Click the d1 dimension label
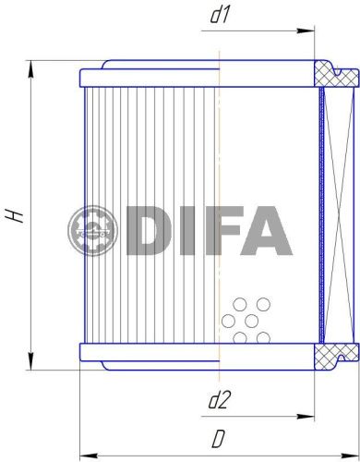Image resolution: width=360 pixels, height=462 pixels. [219, 15]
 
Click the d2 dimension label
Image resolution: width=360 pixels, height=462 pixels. [219, 400]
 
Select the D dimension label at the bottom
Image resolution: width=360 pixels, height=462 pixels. [219, 436]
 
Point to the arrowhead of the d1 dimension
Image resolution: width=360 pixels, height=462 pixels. [309, 31]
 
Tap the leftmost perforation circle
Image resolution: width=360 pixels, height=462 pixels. [227, 322]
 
